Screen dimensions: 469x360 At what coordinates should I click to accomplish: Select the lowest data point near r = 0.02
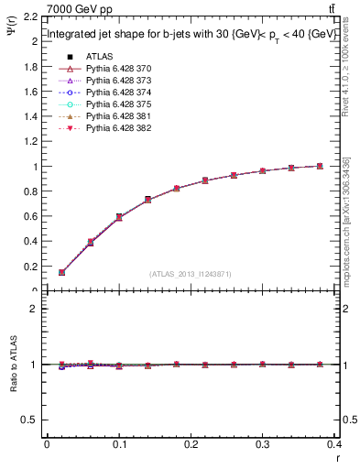(61, 272)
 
